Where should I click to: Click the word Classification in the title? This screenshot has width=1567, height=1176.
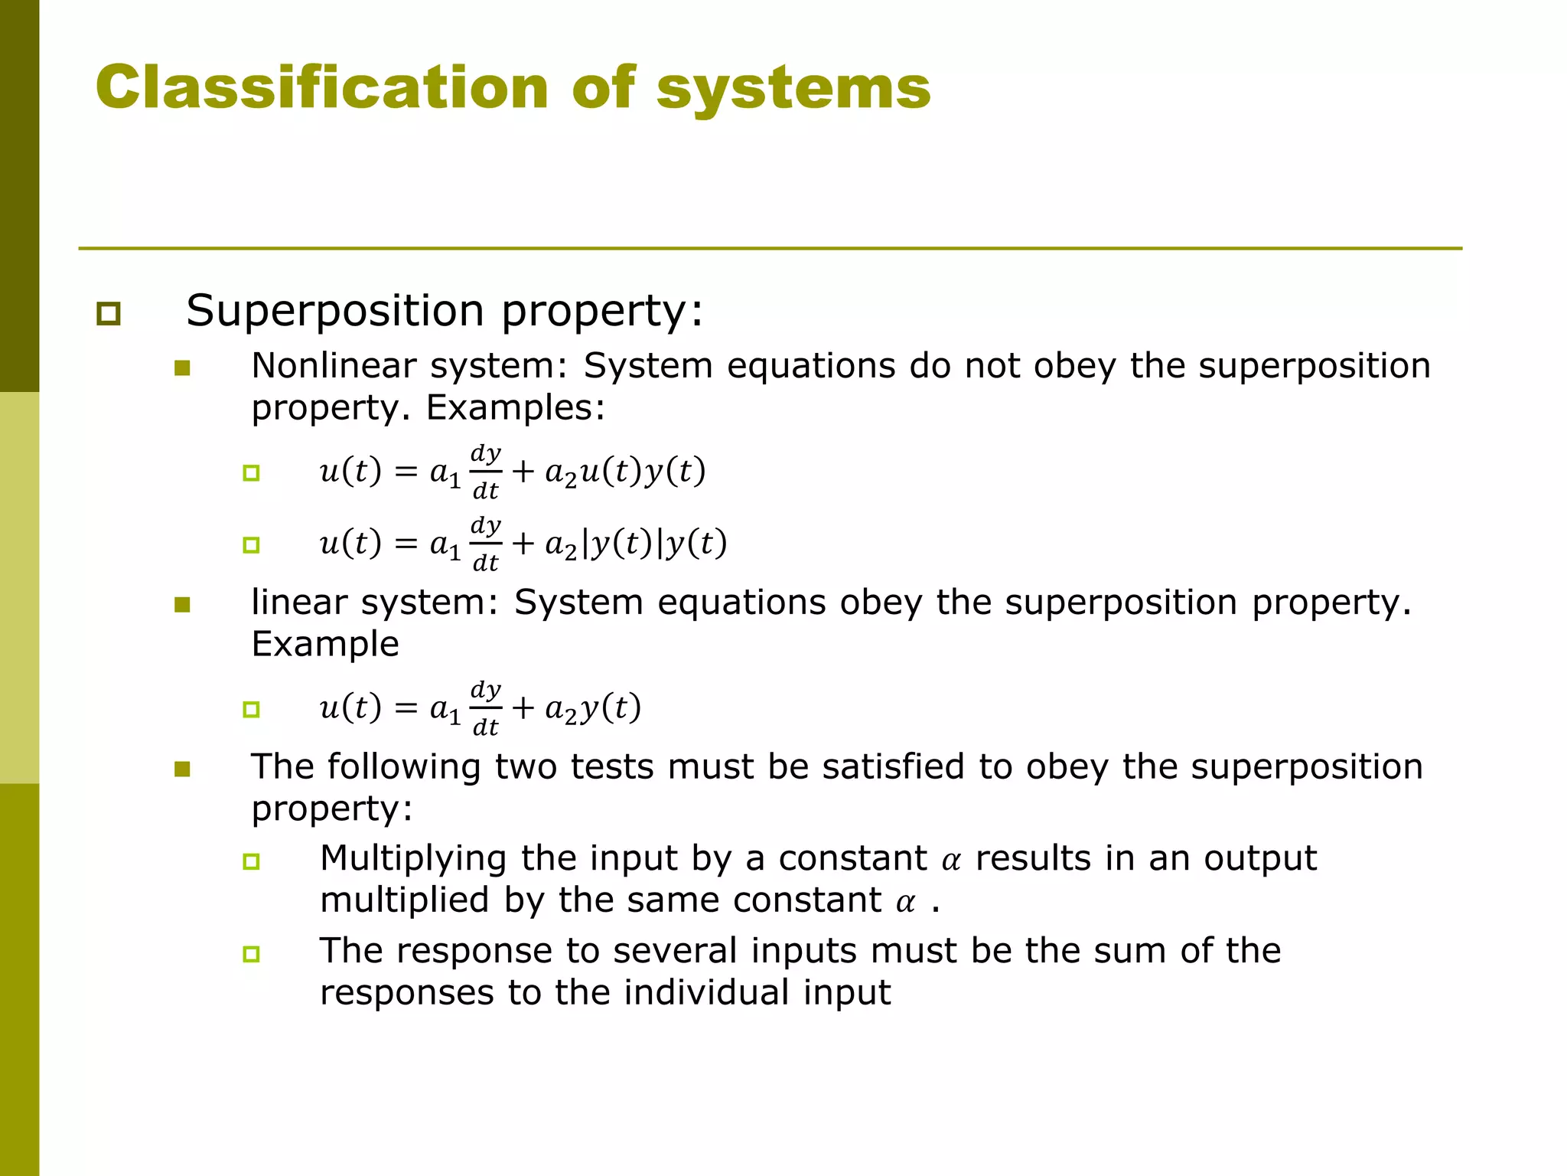coord(322,87)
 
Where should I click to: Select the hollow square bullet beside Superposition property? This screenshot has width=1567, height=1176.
coord(109,313)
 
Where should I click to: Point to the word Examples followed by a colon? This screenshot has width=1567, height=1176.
coord(515,407)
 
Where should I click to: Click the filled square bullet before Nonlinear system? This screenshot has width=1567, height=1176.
coord(182,368)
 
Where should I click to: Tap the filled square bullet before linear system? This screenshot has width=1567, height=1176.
coord(182,605)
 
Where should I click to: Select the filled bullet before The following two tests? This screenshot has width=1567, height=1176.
coord(182,769)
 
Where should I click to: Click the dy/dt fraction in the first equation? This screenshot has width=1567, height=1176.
coord(486,471)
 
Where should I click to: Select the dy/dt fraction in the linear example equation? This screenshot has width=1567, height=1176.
coord(486,708)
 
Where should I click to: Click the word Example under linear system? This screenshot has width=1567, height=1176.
coord(325,644)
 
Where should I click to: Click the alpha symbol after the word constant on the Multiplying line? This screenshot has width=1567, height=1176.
coord(951,861)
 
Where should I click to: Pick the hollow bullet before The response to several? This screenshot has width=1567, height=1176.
coord(251,954)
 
